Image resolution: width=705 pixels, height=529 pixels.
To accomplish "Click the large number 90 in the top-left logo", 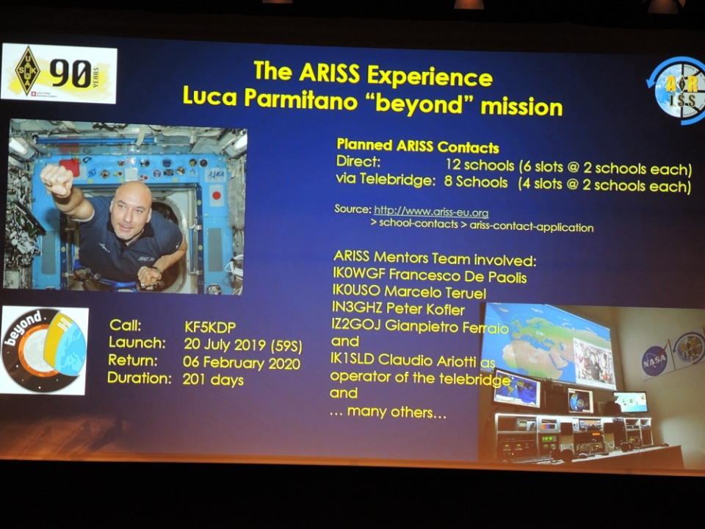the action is [70, 73].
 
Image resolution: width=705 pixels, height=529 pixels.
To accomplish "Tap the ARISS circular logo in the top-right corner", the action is [676, 90].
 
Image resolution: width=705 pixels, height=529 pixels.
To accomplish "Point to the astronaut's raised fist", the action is [57, 180].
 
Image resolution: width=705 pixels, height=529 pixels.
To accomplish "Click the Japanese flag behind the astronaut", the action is [216, 196].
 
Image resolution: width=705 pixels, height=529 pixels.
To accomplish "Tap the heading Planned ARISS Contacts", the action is [418, 145].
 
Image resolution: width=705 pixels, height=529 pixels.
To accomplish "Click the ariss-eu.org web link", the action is [431, 211].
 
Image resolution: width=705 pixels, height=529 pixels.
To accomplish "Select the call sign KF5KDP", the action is [209, 327].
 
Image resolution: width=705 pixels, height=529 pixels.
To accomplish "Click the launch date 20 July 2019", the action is [225, 345].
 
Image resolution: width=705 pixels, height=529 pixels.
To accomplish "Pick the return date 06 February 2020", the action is [242, 363].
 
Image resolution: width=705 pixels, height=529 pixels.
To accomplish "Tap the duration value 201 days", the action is [213, 380].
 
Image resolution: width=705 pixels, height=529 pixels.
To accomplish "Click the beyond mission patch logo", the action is [43, 350].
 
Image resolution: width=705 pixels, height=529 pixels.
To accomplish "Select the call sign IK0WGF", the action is [359, 273].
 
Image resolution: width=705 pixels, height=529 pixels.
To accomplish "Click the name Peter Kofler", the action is [425, 309].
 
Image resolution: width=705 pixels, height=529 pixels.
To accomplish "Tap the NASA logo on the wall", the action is [654, 360].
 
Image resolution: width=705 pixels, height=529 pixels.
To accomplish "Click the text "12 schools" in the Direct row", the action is [480, 165].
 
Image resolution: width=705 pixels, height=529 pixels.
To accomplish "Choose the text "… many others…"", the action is [388, 411].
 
